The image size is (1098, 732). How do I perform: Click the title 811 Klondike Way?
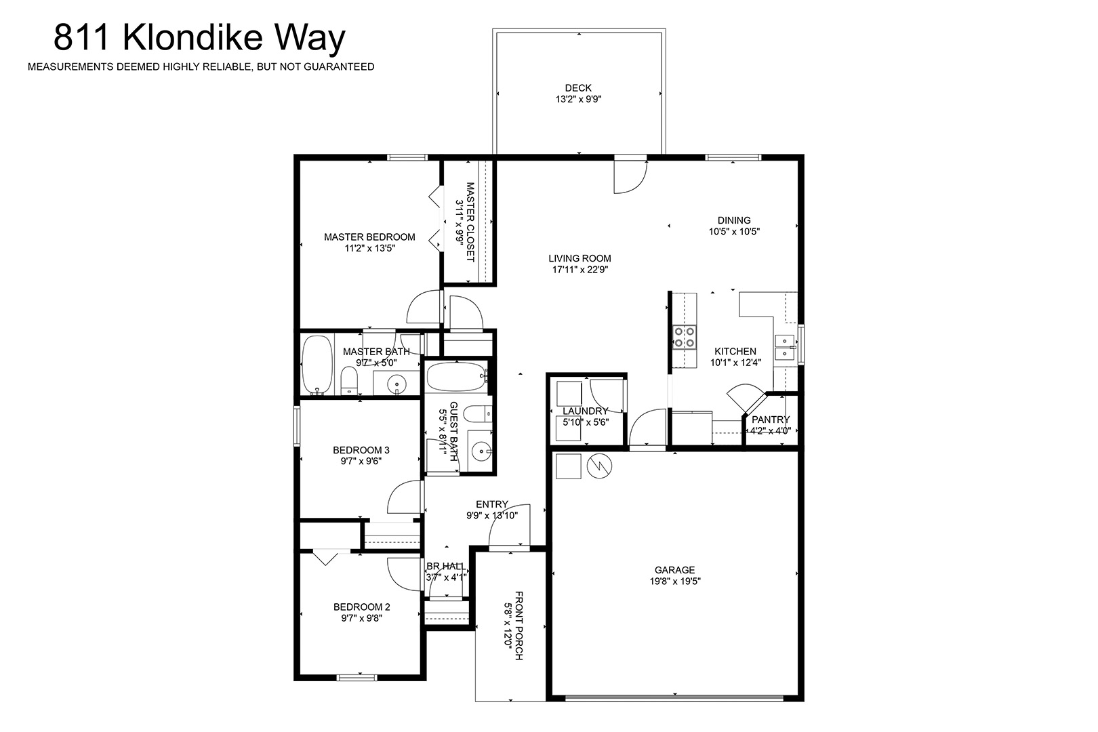(199, 38)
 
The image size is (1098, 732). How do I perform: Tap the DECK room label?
(578, 87)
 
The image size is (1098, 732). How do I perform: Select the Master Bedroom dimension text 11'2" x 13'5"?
(369, 248)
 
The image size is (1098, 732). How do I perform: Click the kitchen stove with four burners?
(684, 337)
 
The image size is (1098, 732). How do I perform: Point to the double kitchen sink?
(786, 347)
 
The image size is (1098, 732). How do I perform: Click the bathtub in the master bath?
(317, 365)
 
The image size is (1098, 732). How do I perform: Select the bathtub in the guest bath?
(457, 377)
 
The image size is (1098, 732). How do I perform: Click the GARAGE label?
(674, 570)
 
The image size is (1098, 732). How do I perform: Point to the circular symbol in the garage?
(599, 466)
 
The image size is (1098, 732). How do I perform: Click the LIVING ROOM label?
(580, 258)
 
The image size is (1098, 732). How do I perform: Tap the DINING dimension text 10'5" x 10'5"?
(734, 231)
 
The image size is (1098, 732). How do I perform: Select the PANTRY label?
(771, 420)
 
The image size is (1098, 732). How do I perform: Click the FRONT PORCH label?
(518, 626)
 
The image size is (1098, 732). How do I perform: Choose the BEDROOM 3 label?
(361, 449)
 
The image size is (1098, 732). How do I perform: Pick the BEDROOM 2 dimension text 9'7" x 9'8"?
(361, 618)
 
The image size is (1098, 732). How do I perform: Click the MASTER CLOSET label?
(470, 222)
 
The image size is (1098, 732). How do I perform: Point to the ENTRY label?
(491, 504)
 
